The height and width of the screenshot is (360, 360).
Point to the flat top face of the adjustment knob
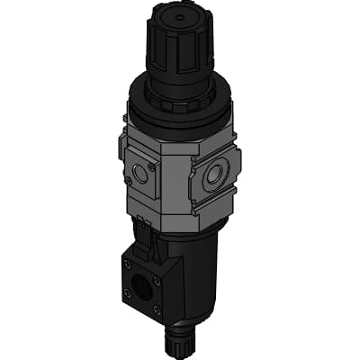(180, 18)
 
